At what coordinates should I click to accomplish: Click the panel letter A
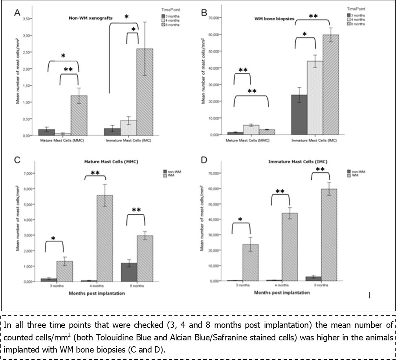(17, 13)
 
